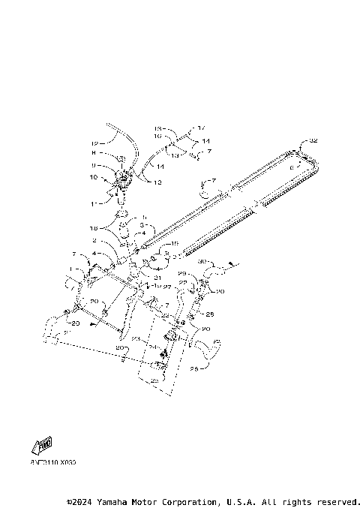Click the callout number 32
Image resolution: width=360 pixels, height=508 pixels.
click(313, 141)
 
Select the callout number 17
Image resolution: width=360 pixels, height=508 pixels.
click(201, 128)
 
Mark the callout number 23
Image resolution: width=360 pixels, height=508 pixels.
click(137, 339)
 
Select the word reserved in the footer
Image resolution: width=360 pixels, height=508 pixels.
click(337, 501)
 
